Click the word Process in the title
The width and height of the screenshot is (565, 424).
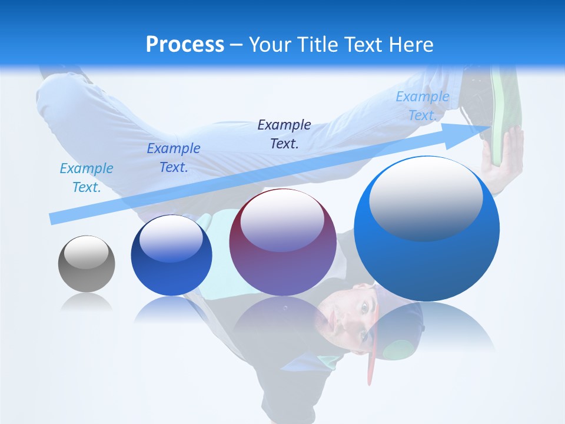(x=185, y=45)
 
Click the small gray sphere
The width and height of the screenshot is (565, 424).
(x=87, y=264)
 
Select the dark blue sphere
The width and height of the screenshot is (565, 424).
(x=171, y=256)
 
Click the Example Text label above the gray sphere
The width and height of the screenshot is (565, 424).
(x=87, y=178)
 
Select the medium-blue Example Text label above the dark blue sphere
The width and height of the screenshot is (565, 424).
(x=174, y=158)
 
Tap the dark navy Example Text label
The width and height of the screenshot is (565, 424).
(x=284, y=134)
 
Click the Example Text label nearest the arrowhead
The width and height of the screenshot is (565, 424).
(x=422, y=106)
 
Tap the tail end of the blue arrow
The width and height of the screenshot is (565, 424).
(x=54, y=218)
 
